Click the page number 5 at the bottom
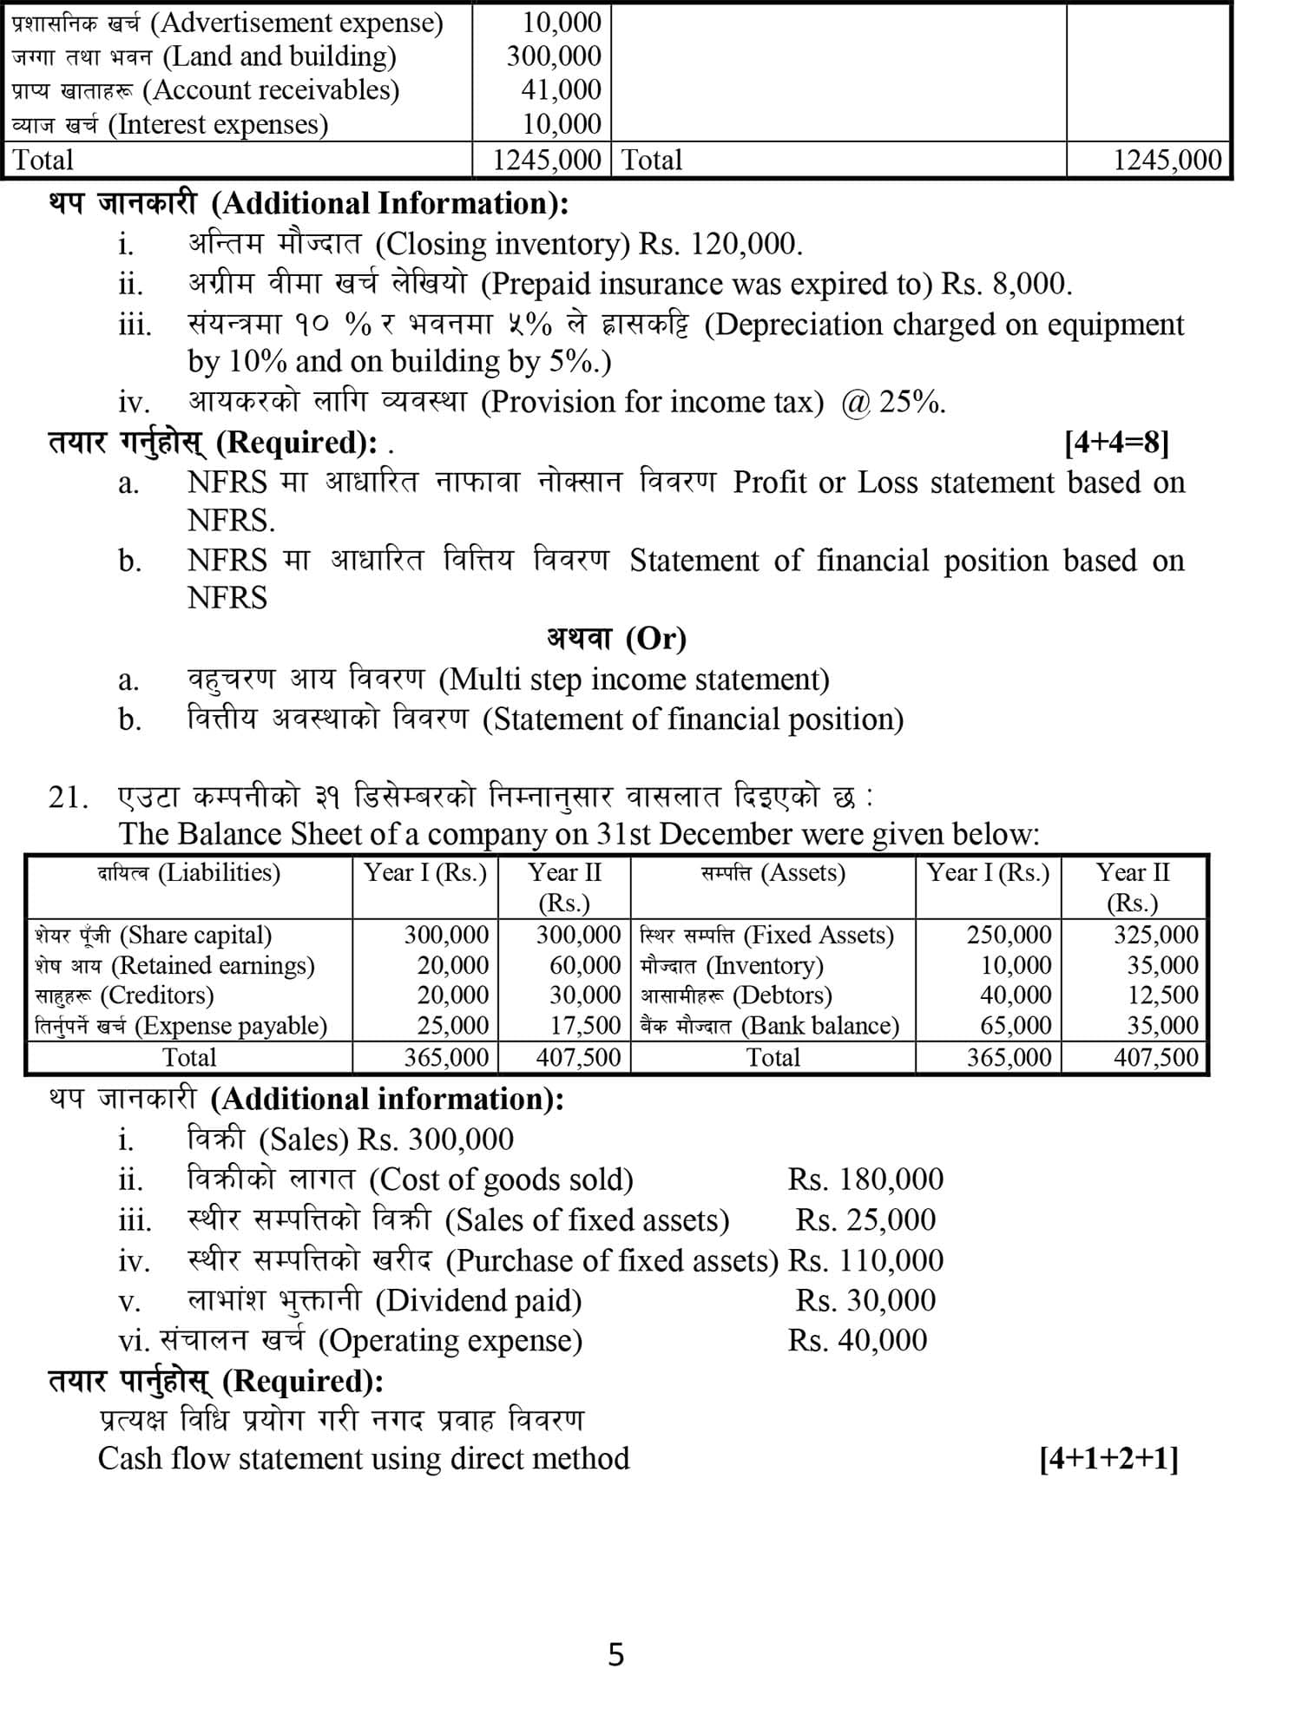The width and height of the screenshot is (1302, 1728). click(x=615, y=1654)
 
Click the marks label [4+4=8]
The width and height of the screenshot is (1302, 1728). click(x=1116, y=443)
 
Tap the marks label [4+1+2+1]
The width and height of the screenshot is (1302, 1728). click(x=1108, y=1459)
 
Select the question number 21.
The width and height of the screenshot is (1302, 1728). click(x=68, y=797)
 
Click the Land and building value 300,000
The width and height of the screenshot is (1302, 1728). click(x=554, y=56)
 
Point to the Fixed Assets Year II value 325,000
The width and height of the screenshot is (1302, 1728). click(x=1155, y=935)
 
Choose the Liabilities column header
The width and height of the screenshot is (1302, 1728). click(x=188, y=872)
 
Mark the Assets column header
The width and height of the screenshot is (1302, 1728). click(x=773, y=872)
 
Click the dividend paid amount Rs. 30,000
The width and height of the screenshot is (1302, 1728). click(x=865, y=1300)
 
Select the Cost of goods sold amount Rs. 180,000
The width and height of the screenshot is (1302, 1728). click(x=865, y=1179)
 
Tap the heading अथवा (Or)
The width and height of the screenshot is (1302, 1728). click(x=616, y=639)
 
